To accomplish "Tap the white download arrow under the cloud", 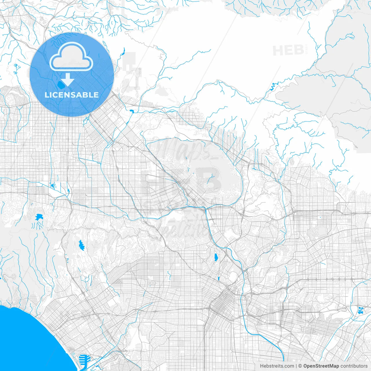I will pyautogui.click(x=67, y=80).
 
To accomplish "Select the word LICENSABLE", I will pyautogui.click(x=72, y=95).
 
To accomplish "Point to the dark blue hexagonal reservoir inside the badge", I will pyautogui.click(x=61, y=85).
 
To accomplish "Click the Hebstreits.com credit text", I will pyautogui.click(x=277, y=366).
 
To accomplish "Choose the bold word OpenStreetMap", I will pyautogui.click(x=321, y=366).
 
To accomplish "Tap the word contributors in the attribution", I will pyautogui.click(x=354, y=366).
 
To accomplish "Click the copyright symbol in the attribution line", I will pyautogui.click(x=300, y=366).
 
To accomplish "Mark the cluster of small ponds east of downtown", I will pyautogui.click(x=361, y=310).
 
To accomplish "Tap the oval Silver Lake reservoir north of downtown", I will pyautogui.click(x=216, y=257).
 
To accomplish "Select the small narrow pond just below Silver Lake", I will pyautogui.click(x=219, y=279).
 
